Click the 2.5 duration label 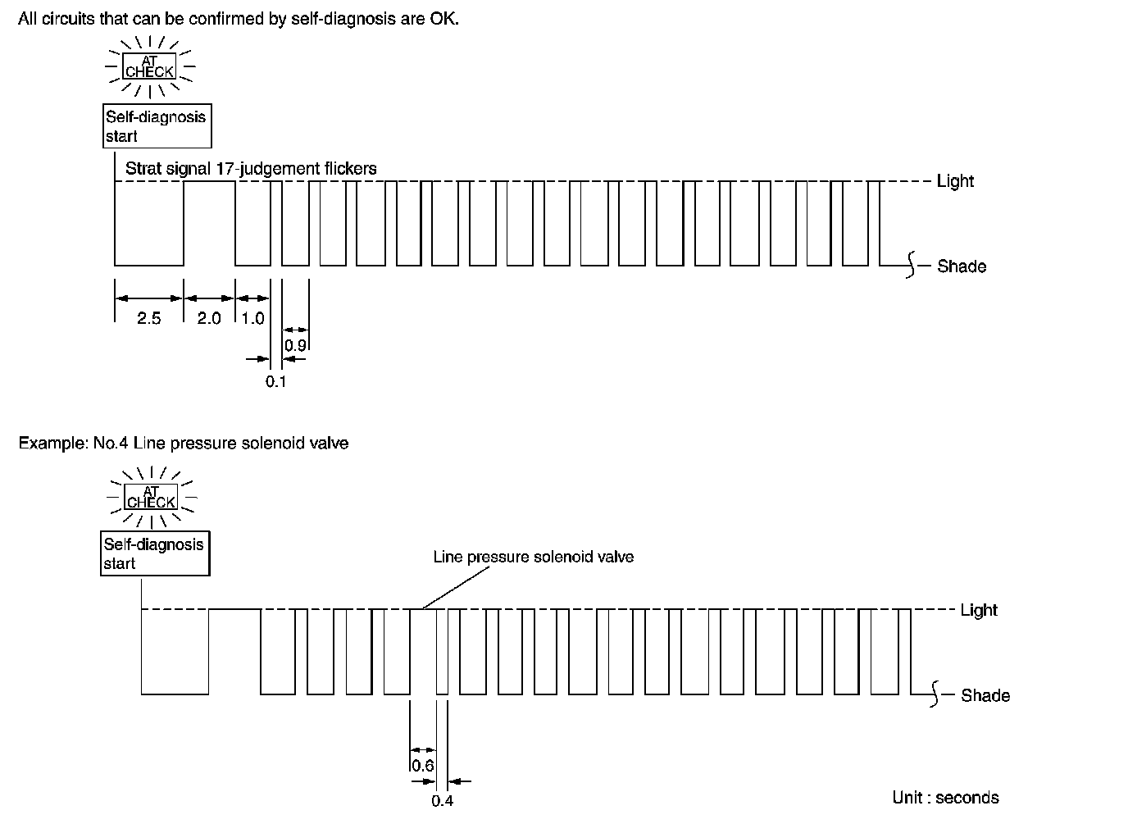[148, 318]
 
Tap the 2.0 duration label [209, 318]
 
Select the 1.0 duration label [253, 318]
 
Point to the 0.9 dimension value [295, 345]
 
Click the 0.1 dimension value [276, 381]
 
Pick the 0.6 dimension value [422, 766]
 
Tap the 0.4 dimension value [442, 801]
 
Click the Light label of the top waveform [955, 181]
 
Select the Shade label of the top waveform [962, 266]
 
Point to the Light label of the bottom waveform [979, 610]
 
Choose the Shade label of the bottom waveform [985, 695]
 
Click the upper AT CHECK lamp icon [149, 67]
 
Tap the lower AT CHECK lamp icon [152, 497]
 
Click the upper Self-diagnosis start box [156, 126]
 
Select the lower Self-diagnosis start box [154, 553]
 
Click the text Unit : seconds [945, 798]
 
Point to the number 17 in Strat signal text [225, 169]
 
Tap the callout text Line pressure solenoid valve [533, 557]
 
